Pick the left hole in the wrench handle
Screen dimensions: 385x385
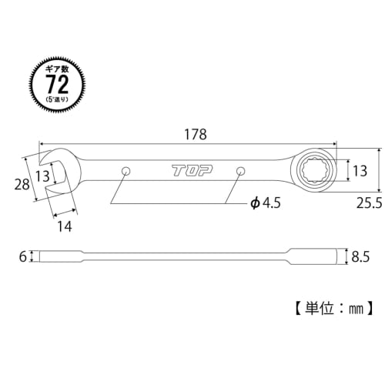tap(125, 170)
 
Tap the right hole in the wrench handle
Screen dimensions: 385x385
tap(240, 170)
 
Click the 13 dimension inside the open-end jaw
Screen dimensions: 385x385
tap(43, 176)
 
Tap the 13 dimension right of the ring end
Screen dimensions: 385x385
tap(357, 170)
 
